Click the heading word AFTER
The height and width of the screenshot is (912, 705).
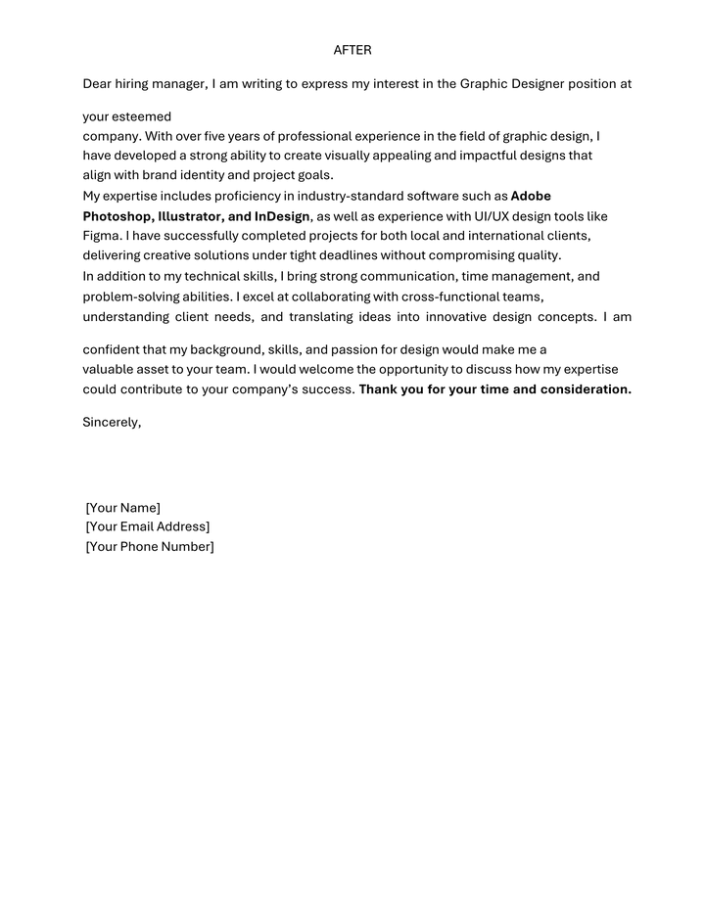coord(352,50)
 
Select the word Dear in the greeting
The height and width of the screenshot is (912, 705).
coord(99,84)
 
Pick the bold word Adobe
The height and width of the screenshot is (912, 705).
coord(531,197)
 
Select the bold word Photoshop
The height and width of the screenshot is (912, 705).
coord(117,216)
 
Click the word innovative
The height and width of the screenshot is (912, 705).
coord(458,317)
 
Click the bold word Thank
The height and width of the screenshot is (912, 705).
coord(379,389)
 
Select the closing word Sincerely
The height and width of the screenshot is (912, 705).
coord(112,423)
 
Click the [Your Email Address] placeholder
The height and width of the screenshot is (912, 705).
coord(148,527)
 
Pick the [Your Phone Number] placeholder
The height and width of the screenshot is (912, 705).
coord(150,547)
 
